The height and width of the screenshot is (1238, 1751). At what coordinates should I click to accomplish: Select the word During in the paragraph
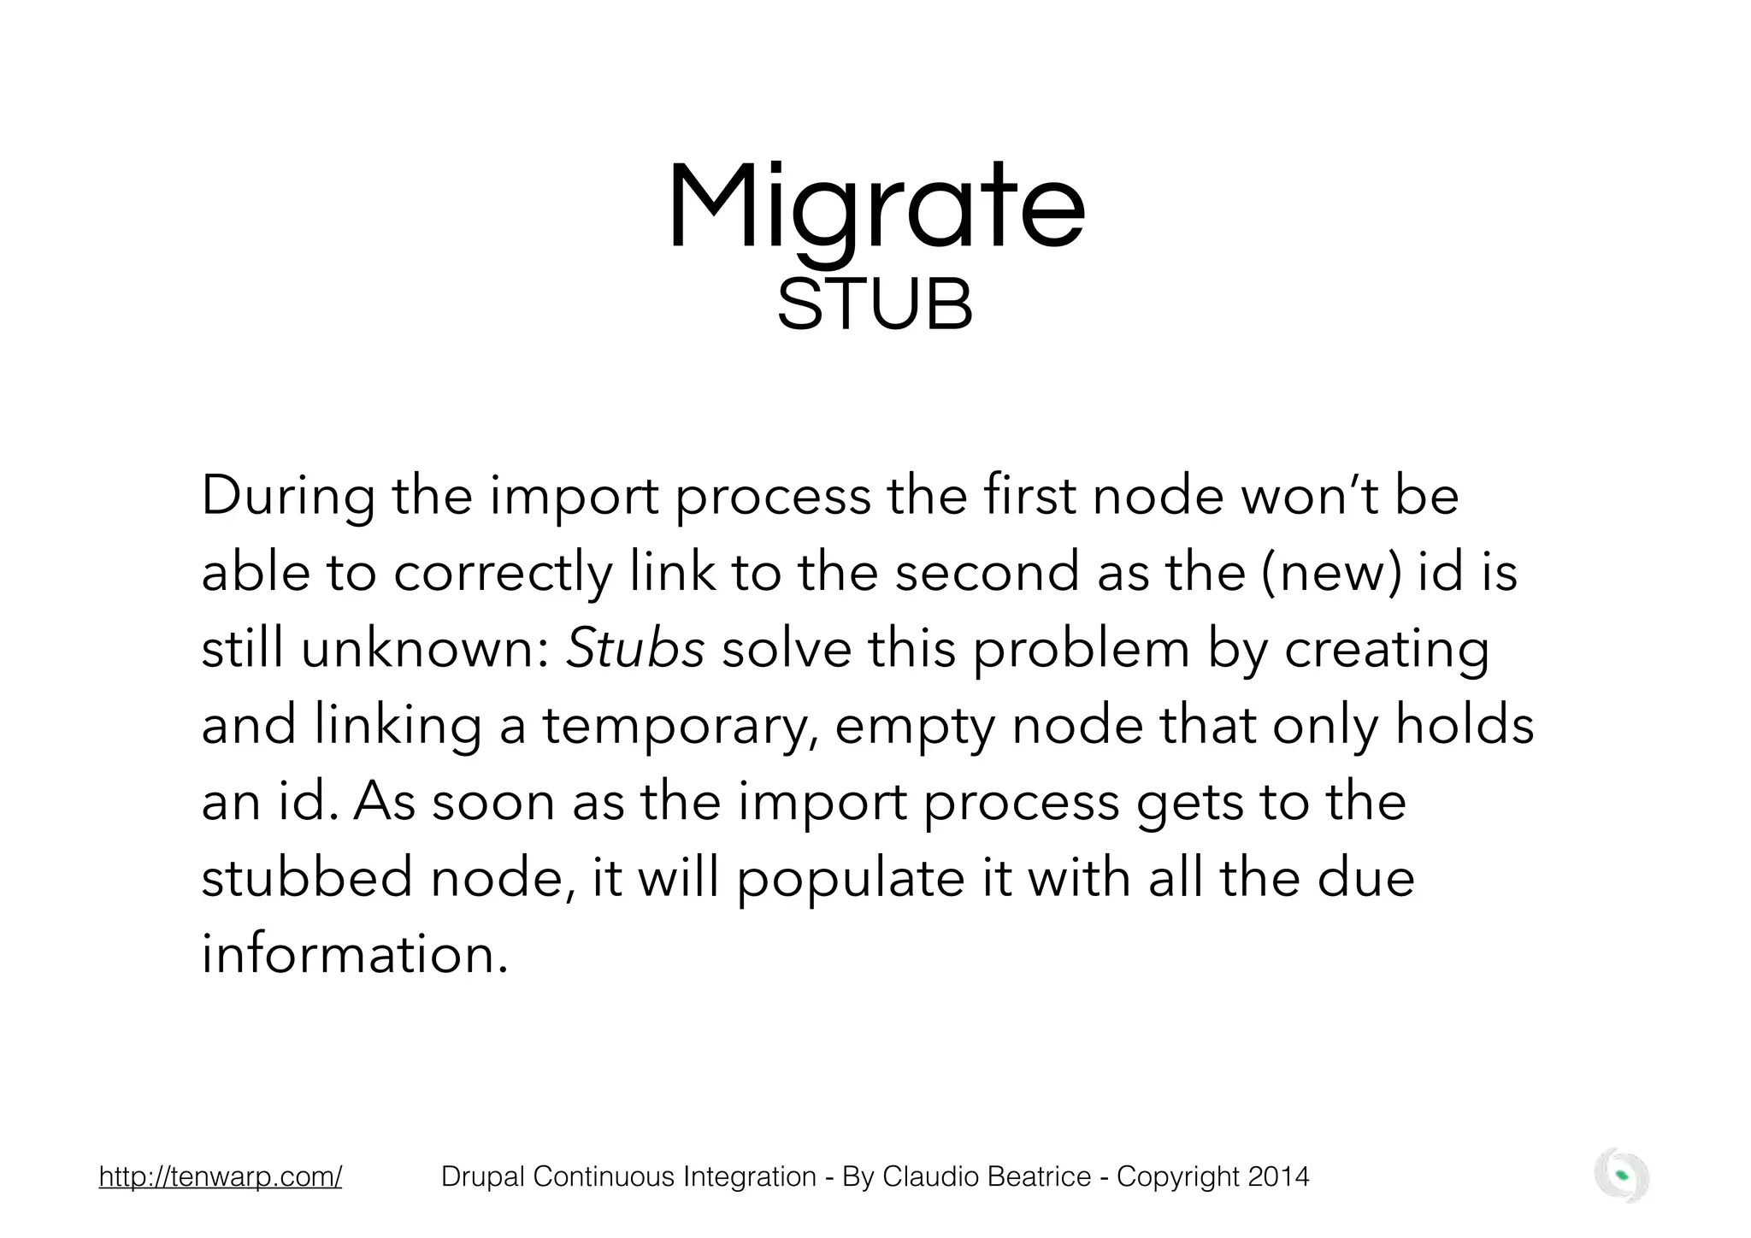(x=287, y=496)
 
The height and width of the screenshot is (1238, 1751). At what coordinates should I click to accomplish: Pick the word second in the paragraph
(x=987, y=572)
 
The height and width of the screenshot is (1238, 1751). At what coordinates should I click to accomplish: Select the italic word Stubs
(x=635, y=649)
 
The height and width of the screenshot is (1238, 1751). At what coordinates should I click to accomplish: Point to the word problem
(x=1082, y=650)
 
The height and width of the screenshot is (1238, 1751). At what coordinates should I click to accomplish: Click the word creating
(x=1387, y=650)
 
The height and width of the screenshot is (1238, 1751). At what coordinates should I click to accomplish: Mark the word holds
(x=1465, y=725)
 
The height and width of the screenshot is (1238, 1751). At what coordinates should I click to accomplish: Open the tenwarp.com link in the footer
(x=221, y=1177)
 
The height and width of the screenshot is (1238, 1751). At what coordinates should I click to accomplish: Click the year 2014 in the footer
(x=1278, y=1177)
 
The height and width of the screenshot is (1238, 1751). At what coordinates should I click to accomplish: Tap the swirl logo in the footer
(x=1621, y=1176)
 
